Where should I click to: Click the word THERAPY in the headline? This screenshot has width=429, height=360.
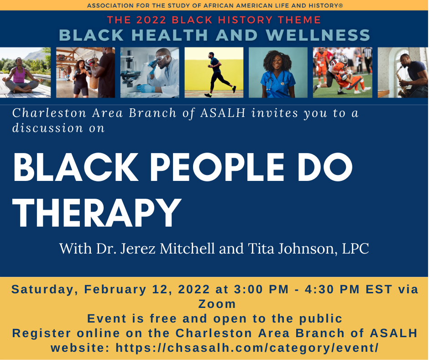point(97,212)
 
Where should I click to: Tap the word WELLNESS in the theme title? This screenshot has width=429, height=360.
point(318,35)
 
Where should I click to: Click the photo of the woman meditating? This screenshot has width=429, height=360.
point(25,72)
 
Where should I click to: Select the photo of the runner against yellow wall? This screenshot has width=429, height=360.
point(214,72)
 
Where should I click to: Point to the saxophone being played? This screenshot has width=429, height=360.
point(401,81)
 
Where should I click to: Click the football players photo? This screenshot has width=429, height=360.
point(343,72)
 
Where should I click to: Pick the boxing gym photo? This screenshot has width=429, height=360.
point(86,72)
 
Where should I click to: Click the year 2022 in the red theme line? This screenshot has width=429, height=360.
point(152,20)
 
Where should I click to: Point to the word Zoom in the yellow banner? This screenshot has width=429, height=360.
point(217,304)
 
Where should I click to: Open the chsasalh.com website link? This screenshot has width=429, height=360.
point(247,348)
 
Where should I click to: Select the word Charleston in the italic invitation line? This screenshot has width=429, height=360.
point(49,113)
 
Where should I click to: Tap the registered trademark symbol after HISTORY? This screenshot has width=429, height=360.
point(341,5)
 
